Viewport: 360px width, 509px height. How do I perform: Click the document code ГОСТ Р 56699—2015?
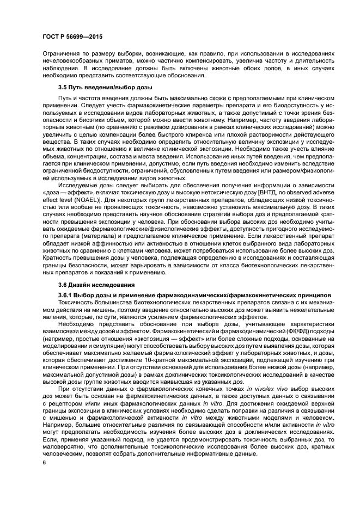click(72, 37)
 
